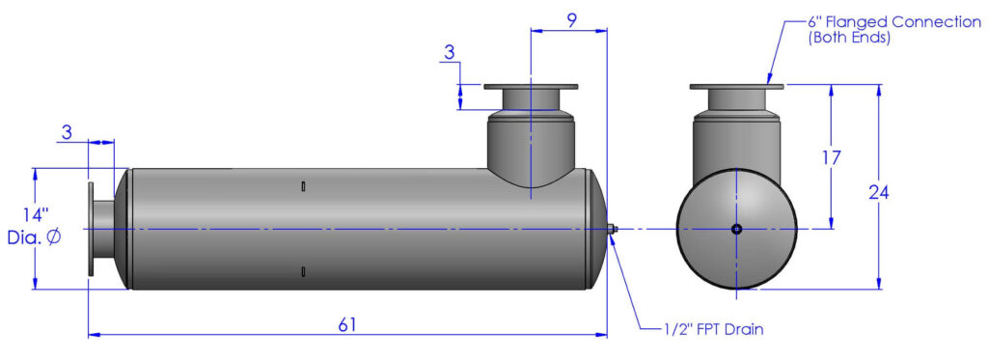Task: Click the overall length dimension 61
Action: click(347, 324)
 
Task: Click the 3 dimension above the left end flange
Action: click(67, 132)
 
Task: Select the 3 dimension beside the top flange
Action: click(449, 52)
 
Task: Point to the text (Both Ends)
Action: click(847, 39)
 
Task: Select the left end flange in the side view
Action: click(91, 229)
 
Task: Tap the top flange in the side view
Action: click(531, 88)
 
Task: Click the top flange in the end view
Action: click(737, 88)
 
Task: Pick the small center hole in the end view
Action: click(736, 229)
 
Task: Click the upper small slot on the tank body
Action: click(303, 186)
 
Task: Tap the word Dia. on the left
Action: click(25, 236)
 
